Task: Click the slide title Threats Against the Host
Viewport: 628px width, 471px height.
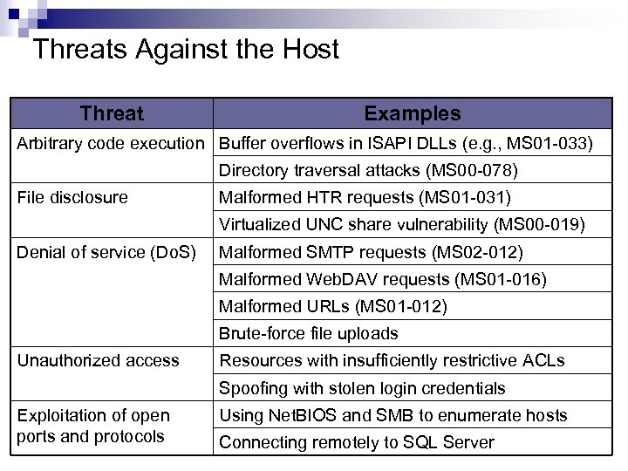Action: (x=185, y=49)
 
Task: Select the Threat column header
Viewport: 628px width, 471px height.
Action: (x=112, y=113)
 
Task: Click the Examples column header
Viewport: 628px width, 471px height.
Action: (x=412, y=113)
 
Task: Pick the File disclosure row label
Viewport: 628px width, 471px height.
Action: (x=72, y=197)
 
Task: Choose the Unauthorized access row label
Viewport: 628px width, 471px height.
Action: (x=98, y=360)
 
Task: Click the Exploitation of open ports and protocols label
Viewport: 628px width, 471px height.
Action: (x=93, y=426)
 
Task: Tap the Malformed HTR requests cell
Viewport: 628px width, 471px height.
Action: (x=365, y=197)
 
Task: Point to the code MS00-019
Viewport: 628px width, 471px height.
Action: (x=539, y=224)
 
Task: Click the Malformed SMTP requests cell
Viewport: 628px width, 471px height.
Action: (x=371, y=252)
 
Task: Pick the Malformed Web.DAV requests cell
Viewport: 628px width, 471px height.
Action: (x=382, y=279)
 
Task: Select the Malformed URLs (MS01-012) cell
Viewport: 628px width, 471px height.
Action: (x=332, y=306)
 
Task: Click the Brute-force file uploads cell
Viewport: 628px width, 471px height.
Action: (x=308, y=333)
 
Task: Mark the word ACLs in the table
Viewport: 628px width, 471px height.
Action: (x=542, y=360)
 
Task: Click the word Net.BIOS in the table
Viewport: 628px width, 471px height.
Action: (x=294, y=415)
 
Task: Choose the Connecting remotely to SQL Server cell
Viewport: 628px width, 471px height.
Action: (x=356, y=442)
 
